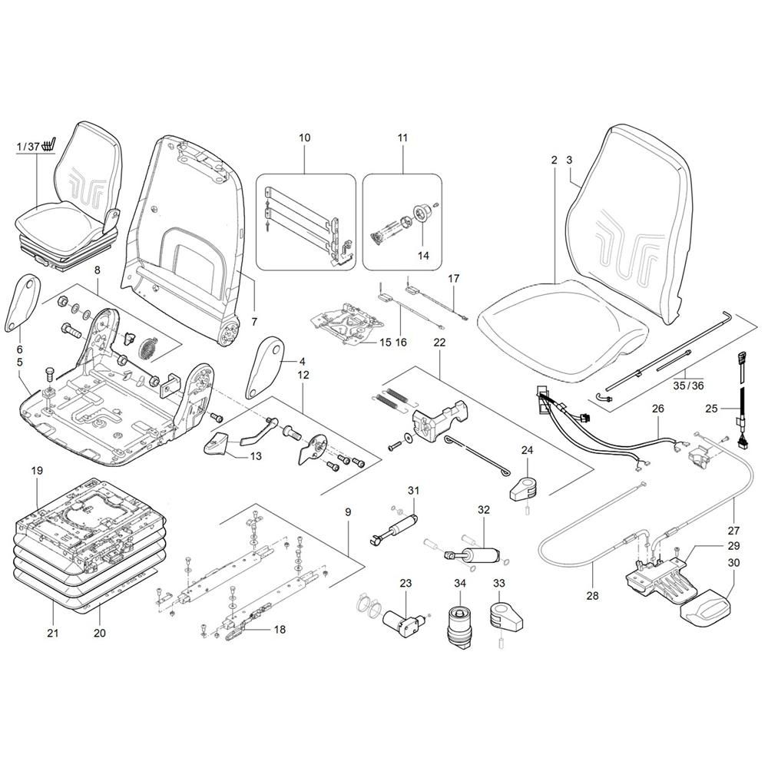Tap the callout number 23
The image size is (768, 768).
pyautogui.click(x=406, y=584)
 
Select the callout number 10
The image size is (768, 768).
pyautogui.click(x=305, y=137)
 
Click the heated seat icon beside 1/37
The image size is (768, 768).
pyautogui.click(x=50, y=144)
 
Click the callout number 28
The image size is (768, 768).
pyautogui.click(x=594, y=594)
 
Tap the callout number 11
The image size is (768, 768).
pyautogui.click(x=403, y=137)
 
